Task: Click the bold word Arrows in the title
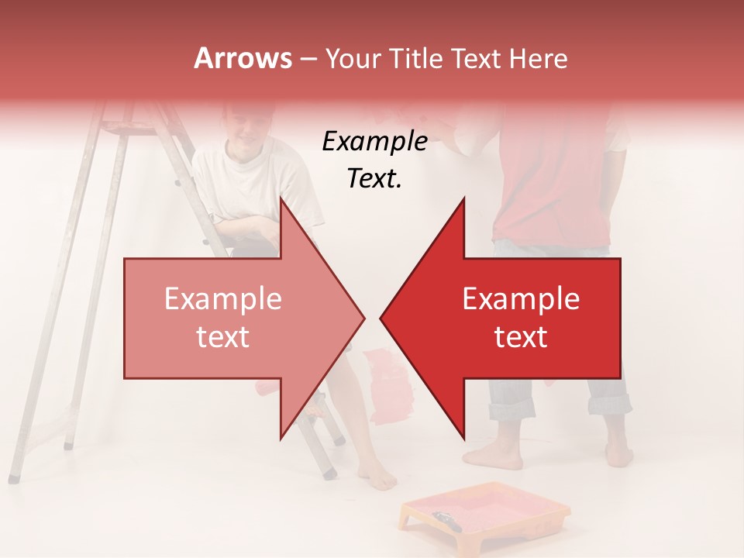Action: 243,58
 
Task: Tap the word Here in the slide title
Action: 538,58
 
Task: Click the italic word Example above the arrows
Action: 374,141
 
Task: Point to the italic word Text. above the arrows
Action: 374,179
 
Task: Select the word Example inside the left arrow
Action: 223,298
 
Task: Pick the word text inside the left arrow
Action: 223,337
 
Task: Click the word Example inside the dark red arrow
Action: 521,298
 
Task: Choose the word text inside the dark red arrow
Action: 521,337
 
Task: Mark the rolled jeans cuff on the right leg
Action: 609,404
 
